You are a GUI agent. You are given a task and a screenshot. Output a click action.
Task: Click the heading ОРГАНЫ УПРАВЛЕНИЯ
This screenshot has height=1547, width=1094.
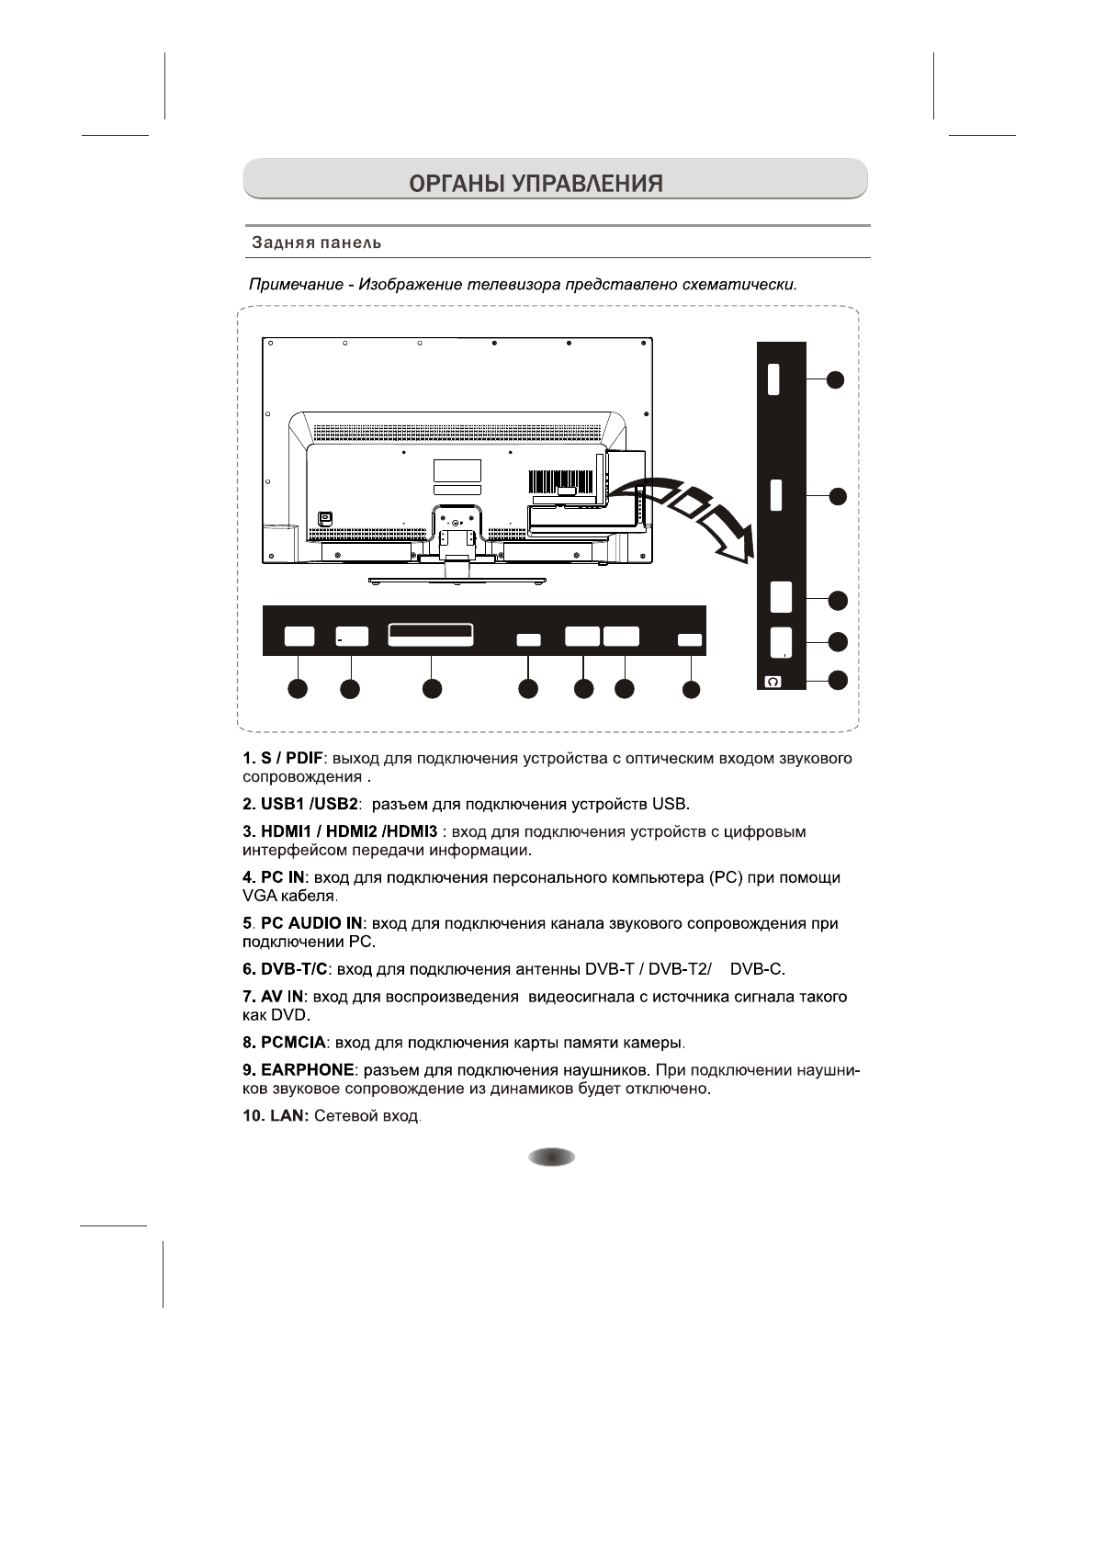click(536, 183)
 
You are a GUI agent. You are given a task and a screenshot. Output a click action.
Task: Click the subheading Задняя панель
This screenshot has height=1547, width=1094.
click(316, 243)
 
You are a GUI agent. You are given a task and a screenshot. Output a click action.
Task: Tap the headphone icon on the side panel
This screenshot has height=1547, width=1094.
click(773, 682)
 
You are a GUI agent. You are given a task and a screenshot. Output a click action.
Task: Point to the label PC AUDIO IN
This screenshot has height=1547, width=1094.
click(312, 923)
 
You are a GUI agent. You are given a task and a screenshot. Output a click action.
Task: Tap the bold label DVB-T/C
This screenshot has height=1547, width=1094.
click(294, 969)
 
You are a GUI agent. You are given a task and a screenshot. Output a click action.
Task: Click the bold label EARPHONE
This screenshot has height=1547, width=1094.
click(307, 1070)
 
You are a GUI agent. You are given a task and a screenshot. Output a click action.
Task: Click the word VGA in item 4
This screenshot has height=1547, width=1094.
click(258, 896)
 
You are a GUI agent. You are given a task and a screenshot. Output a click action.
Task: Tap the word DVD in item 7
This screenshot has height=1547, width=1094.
click(289, 1015)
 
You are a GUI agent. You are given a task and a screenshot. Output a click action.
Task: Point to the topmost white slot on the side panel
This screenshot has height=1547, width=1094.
click(773, 378)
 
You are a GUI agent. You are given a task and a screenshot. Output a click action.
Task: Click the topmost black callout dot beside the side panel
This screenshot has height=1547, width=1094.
click(834, 379)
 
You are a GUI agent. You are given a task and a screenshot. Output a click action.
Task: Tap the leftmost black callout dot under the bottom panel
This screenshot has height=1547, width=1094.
click(298, 689)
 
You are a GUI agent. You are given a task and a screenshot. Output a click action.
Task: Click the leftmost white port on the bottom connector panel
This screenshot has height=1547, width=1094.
click(299, 636)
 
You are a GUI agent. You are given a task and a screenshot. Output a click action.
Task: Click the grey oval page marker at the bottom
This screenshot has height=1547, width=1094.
click(551, 1157)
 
